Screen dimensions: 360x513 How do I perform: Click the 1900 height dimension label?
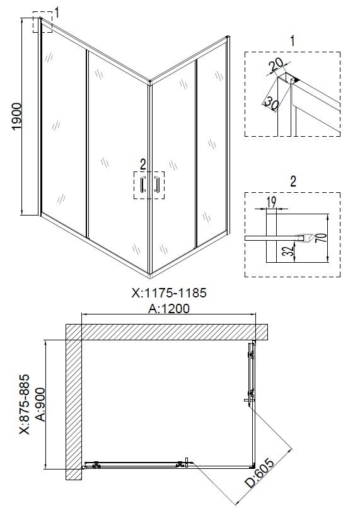point(16,117)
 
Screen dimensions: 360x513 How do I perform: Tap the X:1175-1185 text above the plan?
point(169,293)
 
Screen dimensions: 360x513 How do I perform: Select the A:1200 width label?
point(169,308)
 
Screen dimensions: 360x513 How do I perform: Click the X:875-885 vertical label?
point(25,405)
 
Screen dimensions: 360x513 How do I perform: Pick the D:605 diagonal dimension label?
point(260,473)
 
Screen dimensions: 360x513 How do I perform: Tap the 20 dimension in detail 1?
point(276,66)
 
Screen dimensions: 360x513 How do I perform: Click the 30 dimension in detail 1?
point(271,103)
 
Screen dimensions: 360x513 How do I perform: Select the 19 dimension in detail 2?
point(271,202)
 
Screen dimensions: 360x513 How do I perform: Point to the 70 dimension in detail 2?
point(322,239)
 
